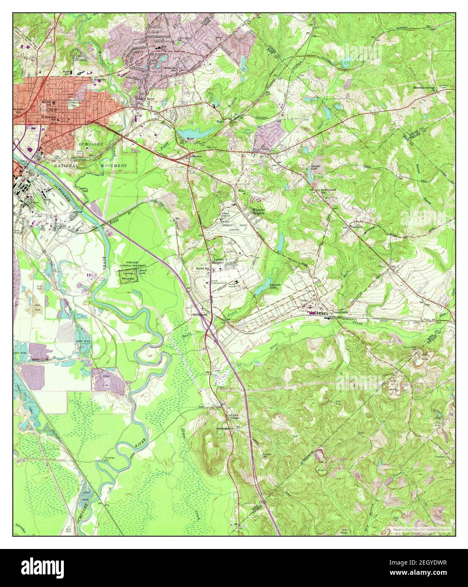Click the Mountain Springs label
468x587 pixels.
(x=424, y=88)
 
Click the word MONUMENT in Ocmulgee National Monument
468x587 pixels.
(x=113, y=166)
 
